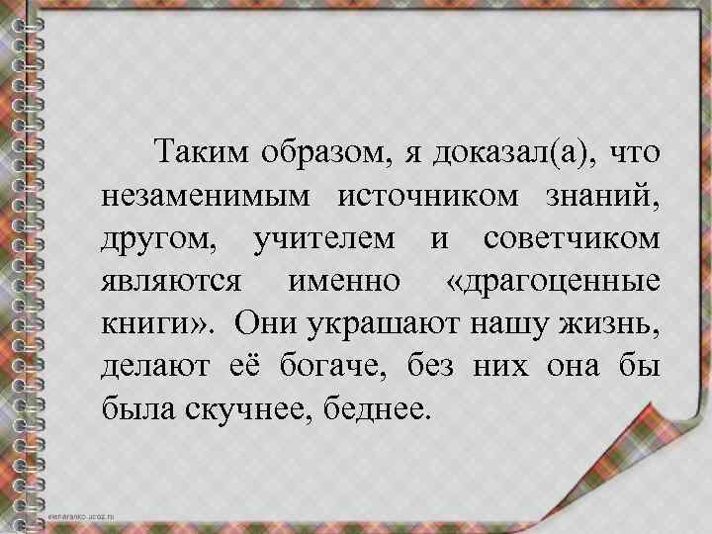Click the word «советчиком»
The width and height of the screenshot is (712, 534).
coord(573,238)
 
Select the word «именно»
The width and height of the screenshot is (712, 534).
coord(343,282)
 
